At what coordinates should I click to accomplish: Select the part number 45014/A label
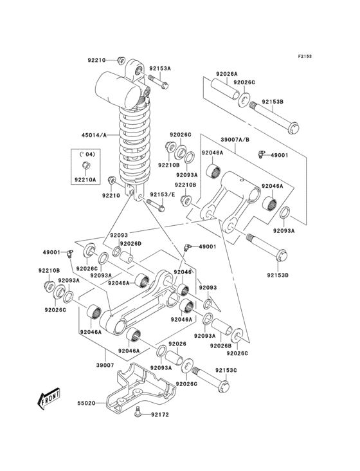tap(95, 135)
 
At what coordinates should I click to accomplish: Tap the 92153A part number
tap(161, 68)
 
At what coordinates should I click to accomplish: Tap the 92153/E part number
tap(163, 194)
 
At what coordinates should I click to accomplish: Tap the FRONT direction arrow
tap(49, 400)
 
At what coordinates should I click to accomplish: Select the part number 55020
tap(86, 403)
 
